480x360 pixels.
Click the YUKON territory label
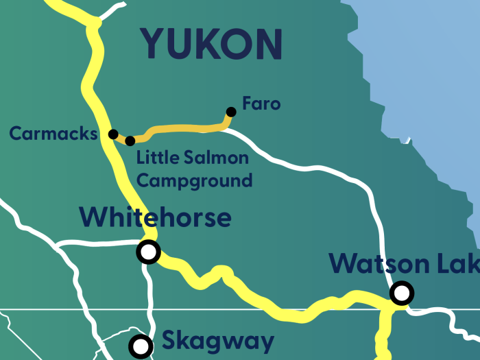(211, 44)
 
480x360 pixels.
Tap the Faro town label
(261, 104)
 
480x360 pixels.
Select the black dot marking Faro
(231, 112)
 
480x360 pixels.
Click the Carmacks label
(53, 133)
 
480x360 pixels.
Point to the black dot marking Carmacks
(113, 134)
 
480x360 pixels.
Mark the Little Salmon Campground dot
(130, 141)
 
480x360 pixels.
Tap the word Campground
(194, 181)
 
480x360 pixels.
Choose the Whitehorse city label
(155, 217)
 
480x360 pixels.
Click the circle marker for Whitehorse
(148, 252)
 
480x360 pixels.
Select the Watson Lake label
(405, 263)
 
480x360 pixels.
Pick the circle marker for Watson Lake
(401, 293)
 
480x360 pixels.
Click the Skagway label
(218, 341)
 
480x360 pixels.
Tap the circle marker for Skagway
(141, 345)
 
